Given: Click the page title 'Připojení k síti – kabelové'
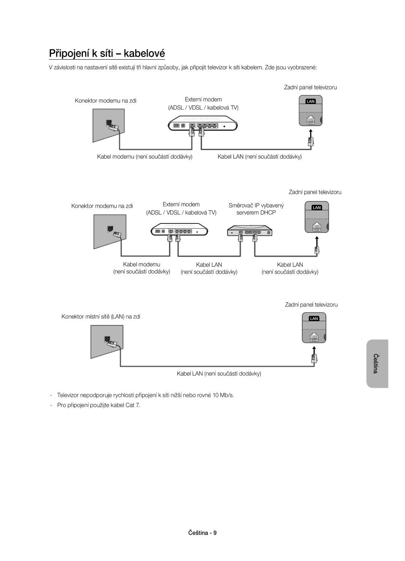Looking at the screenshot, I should pos(107,53).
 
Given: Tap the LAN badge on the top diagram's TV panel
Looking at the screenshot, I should pos(310,101).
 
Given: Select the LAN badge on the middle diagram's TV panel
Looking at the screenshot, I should pos(317,207).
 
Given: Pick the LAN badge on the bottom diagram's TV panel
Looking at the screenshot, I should pos(314,318).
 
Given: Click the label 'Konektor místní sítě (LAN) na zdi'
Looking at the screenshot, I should pos(101,317).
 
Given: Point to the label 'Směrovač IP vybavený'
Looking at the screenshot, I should pos(256,205).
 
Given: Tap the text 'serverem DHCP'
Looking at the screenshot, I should pos(256,213).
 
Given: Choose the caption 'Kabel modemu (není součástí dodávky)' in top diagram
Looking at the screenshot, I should pos(145,156).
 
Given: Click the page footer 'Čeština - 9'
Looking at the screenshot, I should pos(202,532).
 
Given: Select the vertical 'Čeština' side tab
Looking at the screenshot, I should pos(377,363).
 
